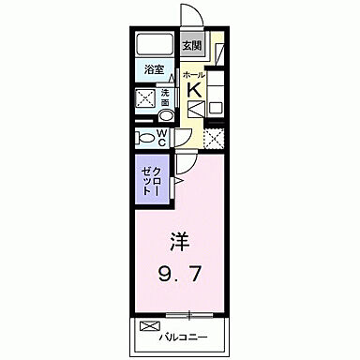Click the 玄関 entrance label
click(x=191, y=44)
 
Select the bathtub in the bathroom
click(x=154, y=45)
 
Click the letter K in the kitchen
click(x=194, y=90)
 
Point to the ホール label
click(x=194, y=74)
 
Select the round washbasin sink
click(x=166, y=116)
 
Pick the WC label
click(x=162, y=137)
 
